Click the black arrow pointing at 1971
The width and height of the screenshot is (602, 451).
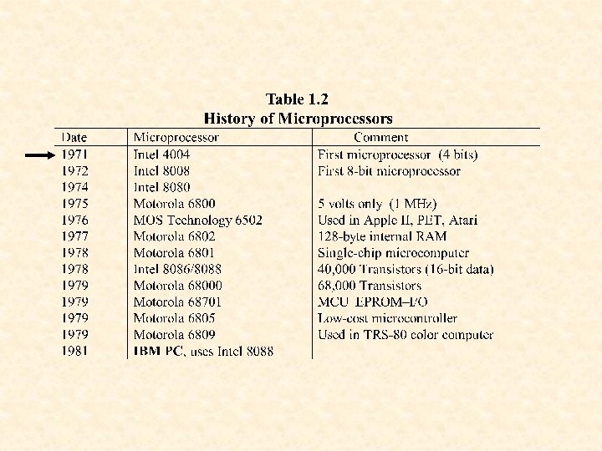point(40,155)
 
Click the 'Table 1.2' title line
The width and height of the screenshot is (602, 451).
point(298,99)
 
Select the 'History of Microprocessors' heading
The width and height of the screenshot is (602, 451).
point(298,119)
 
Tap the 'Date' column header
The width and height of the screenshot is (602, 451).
point(74,138)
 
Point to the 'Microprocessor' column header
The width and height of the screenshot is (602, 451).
point(176,138)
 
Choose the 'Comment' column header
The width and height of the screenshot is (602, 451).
point(380,138)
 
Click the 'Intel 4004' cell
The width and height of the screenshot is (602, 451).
point(161,155)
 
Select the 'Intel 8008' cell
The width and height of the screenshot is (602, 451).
point(161,171)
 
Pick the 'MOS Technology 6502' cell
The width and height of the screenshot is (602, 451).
point(197,220)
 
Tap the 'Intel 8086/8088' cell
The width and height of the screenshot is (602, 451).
point(178,269)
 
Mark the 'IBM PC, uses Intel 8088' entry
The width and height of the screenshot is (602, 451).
point(203,352)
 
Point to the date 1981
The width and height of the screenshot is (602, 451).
point(74,352)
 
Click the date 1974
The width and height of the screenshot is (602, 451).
point(74,188)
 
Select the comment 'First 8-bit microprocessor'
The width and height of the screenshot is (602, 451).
point(389,171)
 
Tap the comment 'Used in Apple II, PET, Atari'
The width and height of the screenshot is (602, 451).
point(398,220)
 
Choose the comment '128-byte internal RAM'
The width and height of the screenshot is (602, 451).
point(376,236)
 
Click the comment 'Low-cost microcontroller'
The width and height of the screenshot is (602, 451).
point(387,318)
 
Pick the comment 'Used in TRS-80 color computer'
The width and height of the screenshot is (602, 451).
point(406,335)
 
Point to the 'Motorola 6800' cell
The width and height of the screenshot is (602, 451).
point(174,204)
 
